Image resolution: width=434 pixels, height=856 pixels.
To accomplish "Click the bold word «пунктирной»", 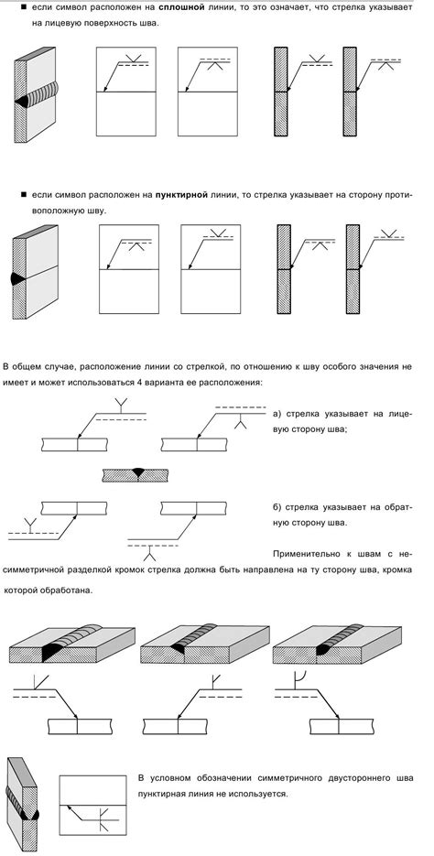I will [186, 196].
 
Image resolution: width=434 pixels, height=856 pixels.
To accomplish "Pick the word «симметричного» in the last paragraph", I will [277, 777].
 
